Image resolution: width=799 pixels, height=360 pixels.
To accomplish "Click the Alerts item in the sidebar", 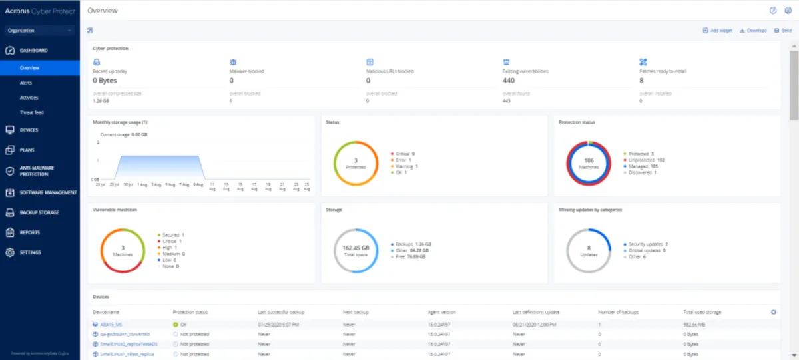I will click(26, 83).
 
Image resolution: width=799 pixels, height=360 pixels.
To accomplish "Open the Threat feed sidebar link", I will click(31, 113).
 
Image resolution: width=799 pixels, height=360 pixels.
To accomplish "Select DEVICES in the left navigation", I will click(29, 130).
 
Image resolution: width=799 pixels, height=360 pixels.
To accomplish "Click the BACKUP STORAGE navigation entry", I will click(39, 213).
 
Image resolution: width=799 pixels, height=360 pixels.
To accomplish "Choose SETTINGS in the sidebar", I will click(30, 253).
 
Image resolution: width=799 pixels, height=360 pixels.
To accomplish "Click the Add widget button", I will click(718, 31).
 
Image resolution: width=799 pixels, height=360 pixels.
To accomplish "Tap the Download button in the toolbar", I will click(753, 31).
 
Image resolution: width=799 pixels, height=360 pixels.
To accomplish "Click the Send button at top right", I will click(783, 31).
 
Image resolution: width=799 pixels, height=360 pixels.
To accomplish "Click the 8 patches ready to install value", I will click(641, 81).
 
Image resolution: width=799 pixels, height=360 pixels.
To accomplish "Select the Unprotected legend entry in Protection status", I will click(647, 160).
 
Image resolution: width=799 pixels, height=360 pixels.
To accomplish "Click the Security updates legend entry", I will click(648, 244).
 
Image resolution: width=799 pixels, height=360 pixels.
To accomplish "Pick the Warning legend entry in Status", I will click(404, 166).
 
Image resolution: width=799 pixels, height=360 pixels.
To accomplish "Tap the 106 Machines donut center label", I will click(589, 163).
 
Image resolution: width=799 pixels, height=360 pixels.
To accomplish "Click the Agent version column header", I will click(442, 312).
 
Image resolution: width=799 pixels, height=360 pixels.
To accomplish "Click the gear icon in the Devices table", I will click(773, 312).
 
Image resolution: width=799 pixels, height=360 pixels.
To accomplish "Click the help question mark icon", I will click(773, 11).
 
